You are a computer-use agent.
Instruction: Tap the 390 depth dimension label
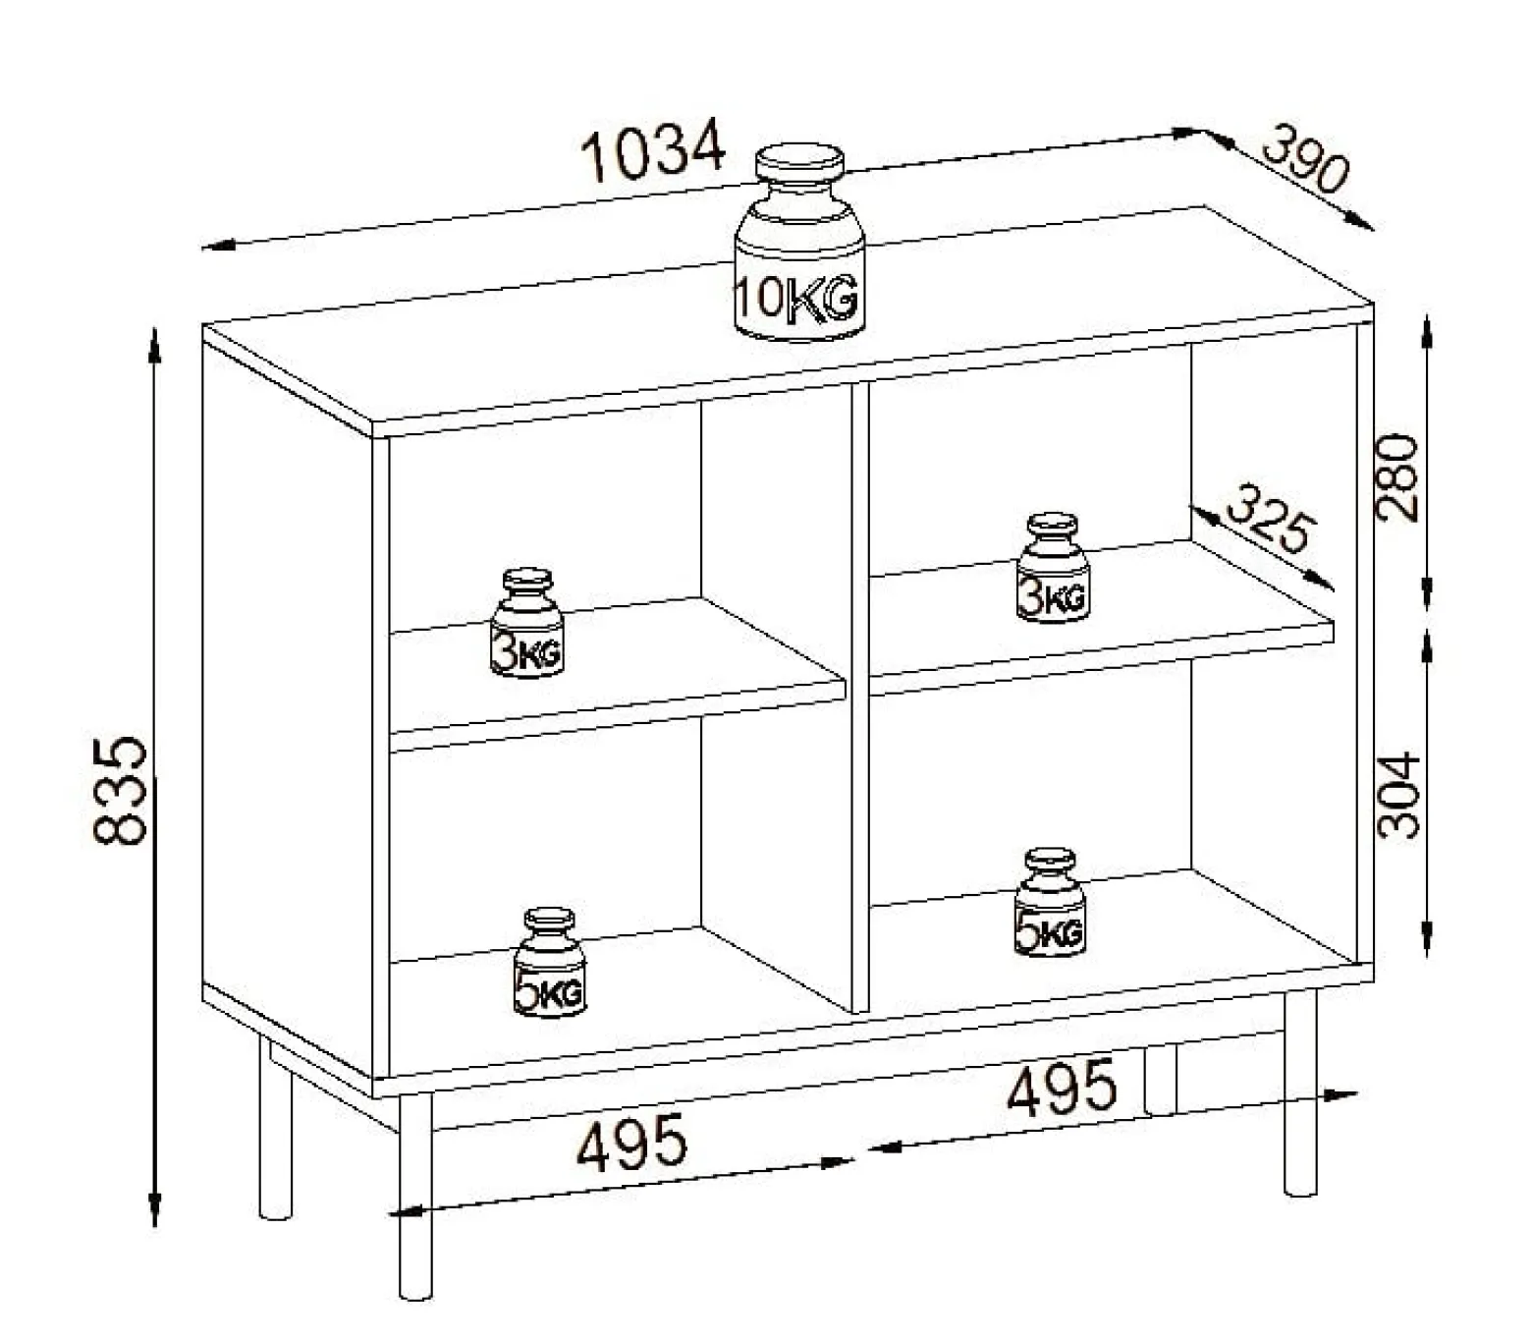click(1306, 169)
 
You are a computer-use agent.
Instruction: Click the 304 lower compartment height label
click(1398, 795)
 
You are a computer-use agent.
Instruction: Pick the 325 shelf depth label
click(1271, 519)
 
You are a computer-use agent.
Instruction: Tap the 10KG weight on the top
click(799, 242)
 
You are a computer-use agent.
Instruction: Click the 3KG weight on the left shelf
click(527, 623)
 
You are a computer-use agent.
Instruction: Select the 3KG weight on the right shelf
click(1053, 567)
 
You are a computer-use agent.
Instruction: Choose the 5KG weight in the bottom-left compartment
click(550, 963)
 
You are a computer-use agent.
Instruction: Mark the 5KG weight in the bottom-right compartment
click(1050, 903)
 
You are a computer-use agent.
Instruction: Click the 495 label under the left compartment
click(631, 1142)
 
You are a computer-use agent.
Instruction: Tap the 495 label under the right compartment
click(1061, 1086)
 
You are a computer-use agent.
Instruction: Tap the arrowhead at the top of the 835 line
click(155, 346)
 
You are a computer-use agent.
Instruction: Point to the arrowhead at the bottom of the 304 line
click(1427, 938)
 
